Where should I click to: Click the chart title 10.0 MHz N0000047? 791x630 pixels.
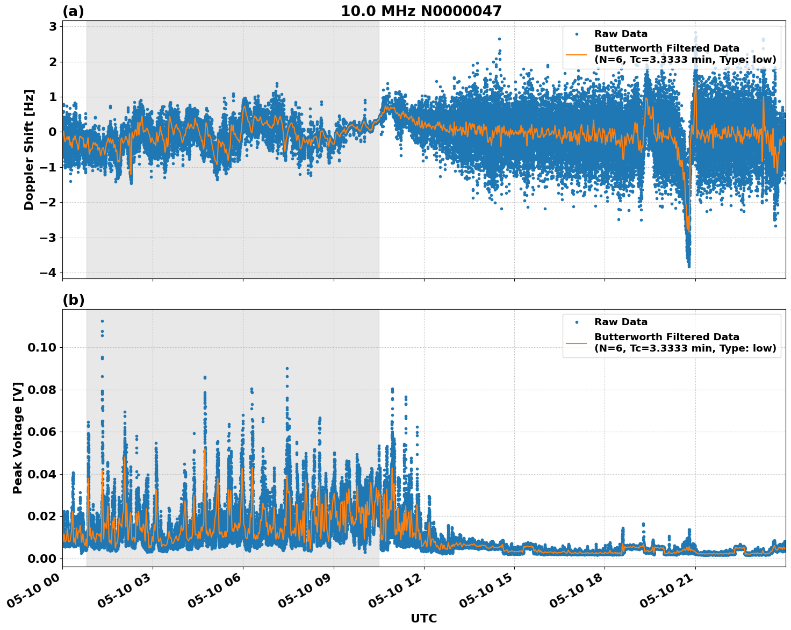[421, 11]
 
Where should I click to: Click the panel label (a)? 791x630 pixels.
[73, 11]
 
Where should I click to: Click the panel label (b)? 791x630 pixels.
[73, 300]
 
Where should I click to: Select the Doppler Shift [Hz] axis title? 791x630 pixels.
[29, 149]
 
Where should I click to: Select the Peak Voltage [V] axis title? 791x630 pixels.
[18, 438]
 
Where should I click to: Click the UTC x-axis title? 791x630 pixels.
[423, 618]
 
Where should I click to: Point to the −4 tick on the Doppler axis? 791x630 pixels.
[48, 273]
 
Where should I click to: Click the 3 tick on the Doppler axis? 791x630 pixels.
[53, 26]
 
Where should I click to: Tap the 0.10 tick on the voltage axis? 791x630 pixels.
[41, 347]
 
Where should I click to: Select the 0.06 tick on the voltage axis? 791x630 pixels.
[41, 432]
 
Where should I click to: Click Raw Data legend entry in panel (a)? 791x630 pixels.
[621, 34]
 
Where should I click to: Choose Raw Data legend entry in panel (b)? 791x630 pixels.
[621, 322]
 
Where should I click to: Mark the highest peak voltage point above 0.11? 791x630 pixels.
[102, 321]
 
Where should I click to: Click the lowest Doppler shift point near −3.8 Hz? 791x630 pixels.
[689, 266]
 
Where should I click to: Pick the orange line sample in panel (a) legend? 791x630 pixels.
[577, 54]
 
